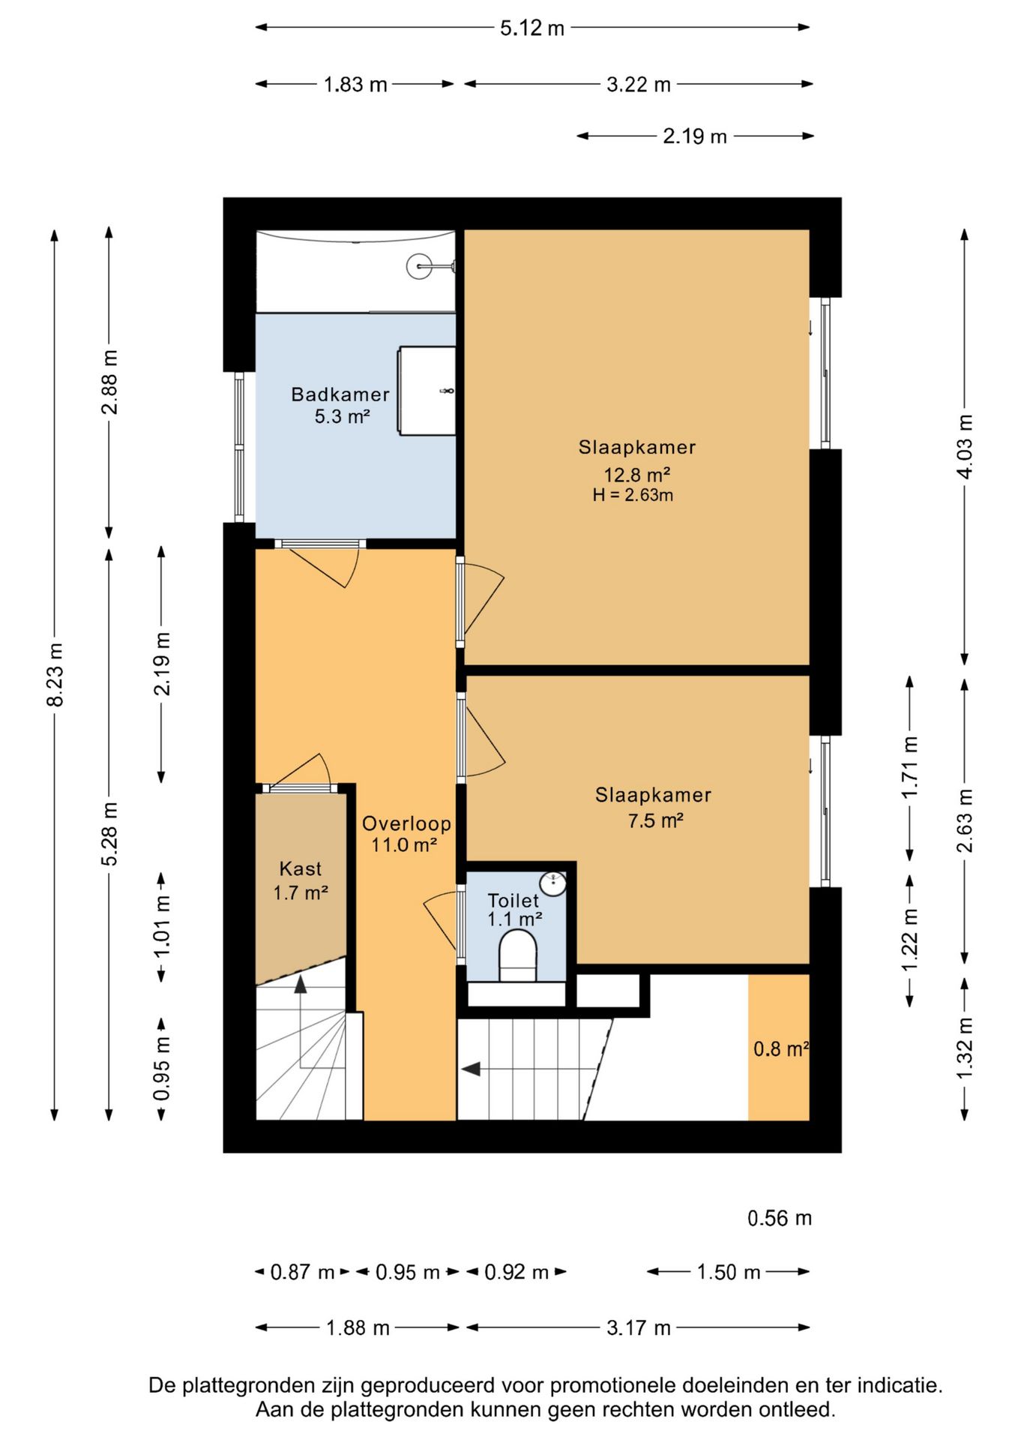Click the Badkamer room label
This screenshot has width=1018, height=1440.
coord(340,394)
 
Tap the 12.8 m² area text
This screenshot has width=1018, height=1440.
coord(637,475)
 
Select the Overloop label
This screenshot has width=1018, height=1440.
coord(407,823)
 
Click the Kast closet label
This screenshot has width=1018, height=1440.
coord(301,868)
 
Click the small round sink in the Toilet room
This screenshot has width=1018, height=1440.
coord(554,883)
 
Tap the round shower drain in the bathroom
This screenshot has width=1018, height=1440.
coord(418,265)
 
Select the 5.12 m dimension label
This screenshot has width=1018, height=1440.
coord(532,28)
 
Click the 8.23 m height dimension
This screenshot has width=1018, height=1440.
coord(55,674)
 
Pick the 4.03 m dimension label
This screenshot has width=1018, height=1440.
coord(966,446)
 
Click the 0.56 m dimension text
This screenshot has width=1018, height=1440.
coord(780,1218)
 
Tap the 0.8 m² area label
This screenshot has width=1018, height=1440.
coord(781,1048)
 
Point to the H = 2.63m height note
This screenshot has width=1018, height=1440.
coord(633,495)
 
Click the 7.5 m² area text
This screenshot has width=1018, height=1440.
coord(656,820)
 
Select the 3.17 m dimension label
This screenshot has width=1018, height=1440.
coord(639,1328)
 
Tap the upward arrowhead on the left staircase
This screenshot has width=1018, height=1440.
coord(301,984)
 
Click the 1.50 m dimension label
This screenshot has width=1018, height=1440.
coord(729,1272)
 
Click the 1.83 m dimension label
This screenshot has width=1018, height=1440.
coord(355,85)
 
